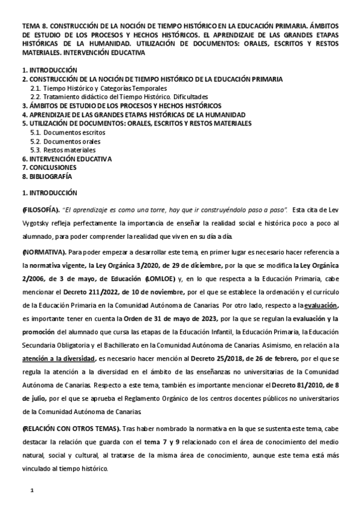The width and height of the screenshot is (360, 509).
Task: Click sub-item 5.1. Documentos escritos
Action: coord(64,132)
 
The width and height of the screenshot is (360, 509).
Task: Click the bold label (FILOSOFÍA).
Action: coord(41,209)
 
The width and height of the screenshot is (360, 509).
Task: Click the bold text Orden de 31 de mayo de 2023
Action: coord(178,319)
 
